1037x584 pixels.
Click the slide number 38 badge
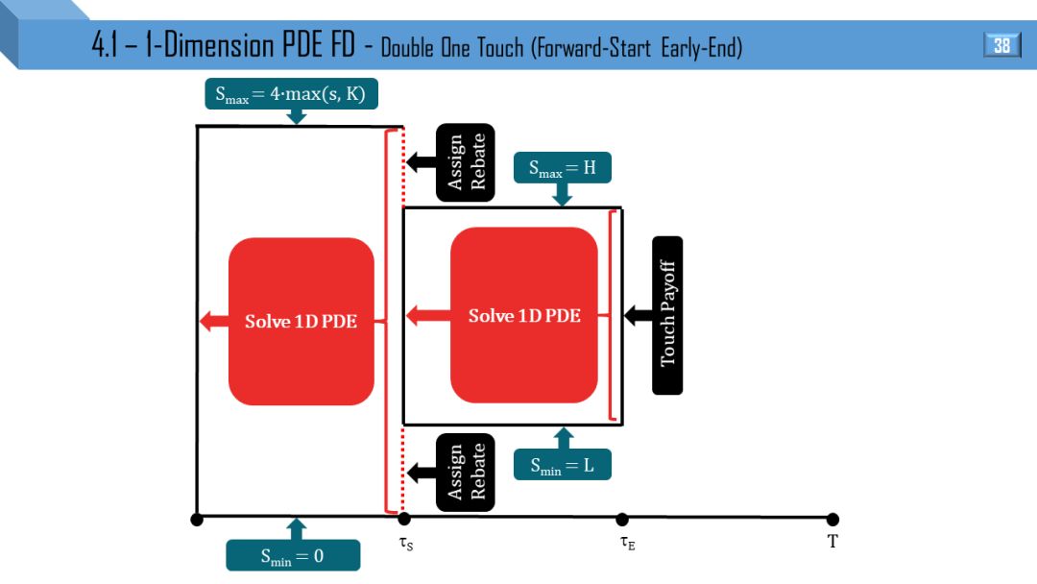(1001, 45)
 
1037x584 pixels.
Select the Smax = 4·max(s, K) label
(290, 94)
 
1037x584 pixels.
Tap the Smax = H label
(563, 168)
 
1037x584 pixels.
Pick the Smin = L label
(563, 466)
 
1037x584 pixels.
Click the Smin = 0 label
(293, 555)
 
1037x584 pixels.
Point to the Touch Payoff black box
(667, 314)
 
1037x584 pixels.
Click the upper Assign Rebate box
(466, 162)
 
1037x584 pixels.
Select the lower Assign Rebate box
(466, 472)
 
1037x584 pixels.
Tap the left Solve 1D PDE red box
(301, 321)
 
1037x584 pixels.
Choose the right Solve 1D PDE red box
(524, 315)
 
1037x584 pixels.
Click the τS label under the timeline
(406, 543)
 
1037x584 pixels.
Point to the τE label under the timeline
(627, 543)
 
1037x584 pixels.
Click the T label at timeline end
(832, 542)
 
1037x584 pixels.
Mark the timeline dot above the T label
(832, 520)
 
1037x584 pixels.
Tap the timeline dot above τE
(622, 520)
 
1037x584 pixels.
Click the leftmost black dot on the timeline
(197, 520)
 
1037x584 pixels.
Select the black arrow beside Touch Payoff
(637, 314)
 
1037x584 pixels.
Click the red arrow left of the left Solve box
(212, 321)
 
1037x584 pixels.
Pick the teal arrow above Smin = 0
(296, 528)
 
